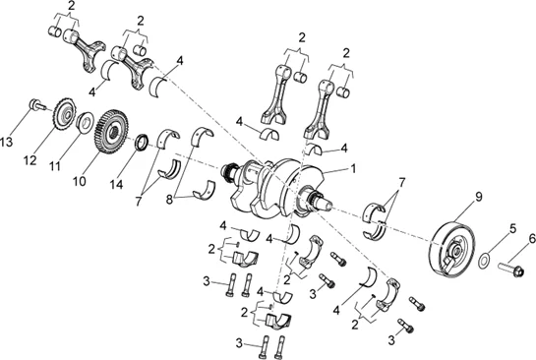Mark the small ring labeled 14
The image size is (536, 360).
point(144,142)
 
